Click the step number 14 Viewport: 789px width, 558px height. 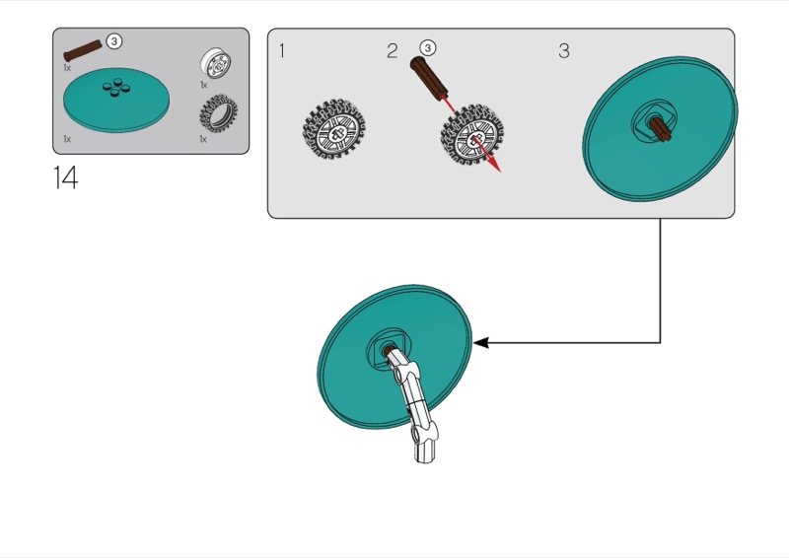65,178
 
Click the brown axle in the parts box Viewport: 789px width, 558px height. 83,51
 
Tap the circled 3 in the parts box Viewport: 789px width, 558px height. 115,41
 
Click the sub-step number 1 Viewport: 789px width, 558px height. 282,51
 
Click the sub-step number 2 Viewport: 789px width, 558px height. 392,51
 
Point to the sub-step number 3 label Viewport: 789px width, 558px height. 563,51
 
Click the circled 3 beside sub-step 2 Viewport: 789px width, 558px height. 427,47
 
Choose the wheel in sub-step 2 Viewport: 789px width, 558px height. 469,138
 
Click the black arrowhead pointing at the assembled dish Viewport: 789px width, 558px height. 481,343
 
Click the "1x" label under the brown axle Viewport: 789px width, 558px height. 67,68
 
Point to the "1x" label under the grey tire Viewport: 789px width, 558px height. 204,139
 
